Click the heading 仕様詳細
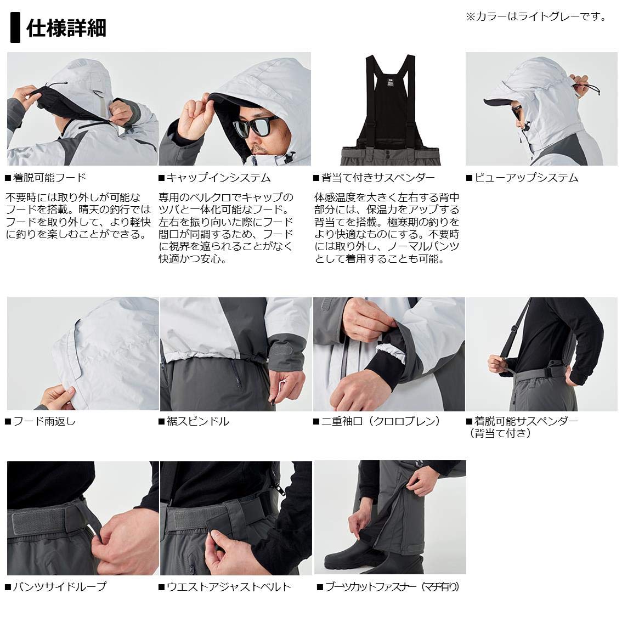pos(66,29)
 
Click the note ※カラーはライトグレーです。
pos(536,17)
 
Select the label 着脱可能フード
pos(49,178)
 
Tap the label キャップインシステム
pos(218,178)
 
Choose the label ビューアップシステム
pos(525,178)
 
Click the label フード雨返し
pos(43,421)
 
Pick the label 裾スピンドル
pos(197,421)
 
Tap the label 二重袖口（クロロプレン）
pos(381,421)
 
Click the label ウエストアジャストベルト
pos(228,587)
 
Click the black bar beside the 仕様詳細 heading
pos(15,29)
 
